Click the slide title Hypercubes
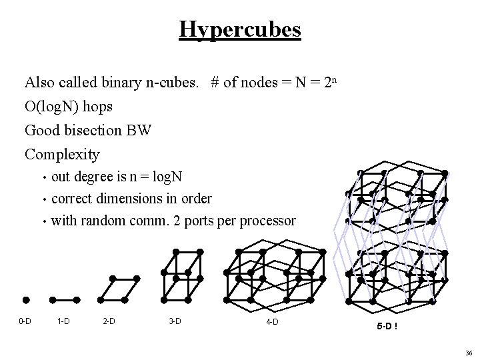[x=240, y=29]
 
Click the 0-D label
[x=25, y=321]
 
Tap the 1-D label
[x=64, y=321]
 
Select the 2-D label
[x=109, y=321]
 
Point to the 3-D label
[x=175, y=321]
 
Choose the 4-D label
[x=272, y=323]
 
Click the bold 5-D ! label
[x=387, y=327]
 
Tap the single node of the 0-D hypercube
[x=25, y=299]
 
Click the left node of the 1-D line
[x=53, y=299]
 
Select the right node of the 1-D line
[x=77, y=299]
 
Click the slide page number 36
[x=469, y=353]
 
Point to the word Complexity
[x=62, y=155]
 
